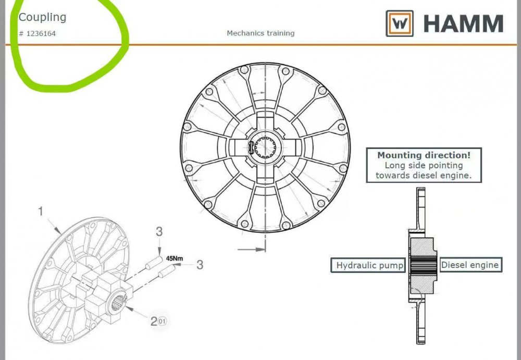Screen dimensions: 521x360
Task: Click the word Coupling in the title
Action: coord(42,17)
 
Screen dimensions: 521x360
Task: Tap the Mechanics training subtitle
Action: coord(260,33)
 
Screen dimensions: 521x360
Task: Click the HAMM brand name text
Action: coord(463,23)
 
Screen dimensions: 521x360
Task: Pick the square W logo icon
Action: coord(400,23)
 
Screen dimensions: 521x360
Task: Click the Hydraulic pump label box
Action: coord(368,265)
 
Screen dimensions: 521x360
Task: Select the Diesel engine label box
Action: coord(471,265)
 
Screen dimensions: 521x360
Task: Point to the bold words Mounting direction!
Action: coord(424,155)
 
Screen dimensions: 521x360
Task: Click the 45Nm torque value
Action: coord(175,258)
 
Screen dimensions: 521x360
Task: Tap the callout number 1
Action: coord(41,212)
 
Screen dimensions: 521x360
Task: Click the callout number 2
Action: coord(154,321)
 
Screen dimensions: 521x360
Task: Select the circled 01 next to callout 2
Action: coord(162,321)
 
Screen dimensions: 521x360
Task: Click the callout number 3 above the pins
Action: coord(159,232)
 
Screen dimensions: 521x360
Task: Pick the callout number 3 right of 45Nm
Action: coord(200,265)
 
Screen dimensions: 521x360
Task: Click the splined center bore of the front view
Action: coord(265,146)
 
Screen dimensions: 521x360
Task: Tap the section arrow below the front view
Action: coord(251,249)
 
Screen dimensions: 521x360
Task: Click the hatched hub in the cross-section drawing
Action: coord(422,266)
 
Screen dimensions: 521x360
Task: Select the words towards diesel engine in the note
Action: coord(424,176)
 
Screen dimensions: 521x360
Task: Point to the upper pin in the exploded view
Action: coord(154,262)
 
